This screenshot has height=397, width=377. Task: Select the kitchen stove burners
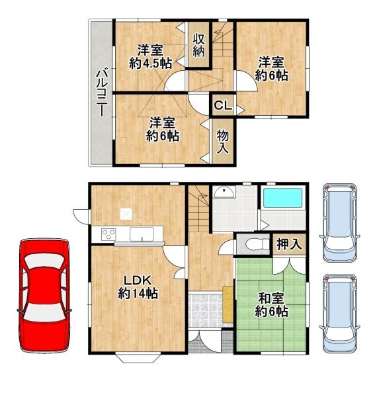pyautogui.click(x=107, y=234)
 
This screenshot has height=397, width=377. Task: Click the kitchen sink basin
pyautogui.click(x=142, y=234)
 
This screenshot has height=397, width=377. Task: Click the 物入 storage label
pyautogui.click(x=223, y=141)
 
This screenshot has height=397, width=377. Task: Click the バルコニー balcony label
pyautogui.click(x=101, y=93)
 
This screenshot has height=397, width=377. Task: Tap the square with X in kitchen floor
pyautogui.click(x=126, y=214)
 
